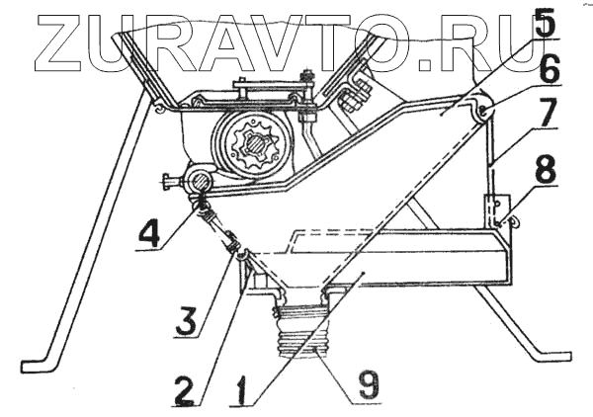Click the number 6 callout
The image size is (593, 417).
tap(550, 69)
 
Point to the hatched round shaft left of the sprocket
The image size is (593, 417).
tap(199, 180)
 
